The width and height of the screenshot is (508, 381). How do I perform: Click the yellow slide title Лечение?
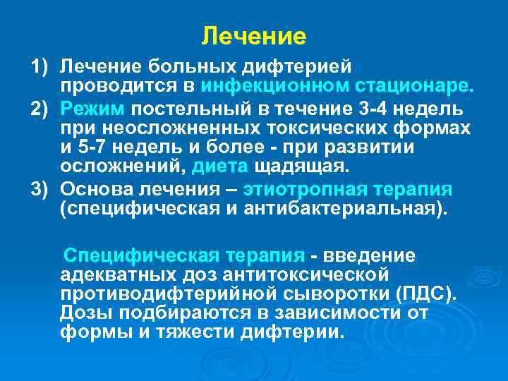(x=253, y=35)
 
